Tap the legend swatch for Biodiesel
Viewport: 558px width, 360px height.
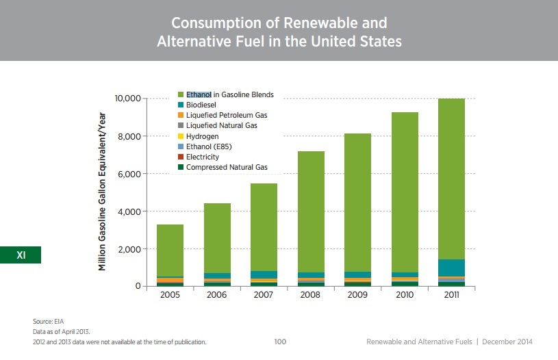181,105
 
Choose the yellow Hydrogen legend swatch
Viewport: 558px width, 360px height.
181,136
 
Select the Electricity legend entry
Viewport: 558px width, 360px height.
203,157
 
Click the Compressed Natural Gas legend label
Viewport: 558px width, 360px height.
227,167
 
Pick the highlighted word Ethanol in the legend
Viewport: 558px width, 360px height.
199,94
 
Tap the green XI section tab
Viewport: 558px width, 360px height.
21,255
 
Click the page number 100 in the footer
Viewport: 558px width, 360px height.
279,341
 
